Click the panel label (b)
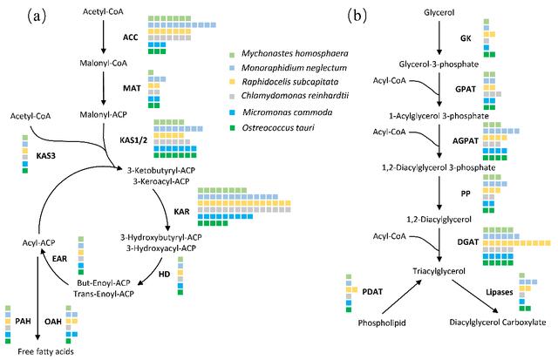[x=356, y=13]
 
